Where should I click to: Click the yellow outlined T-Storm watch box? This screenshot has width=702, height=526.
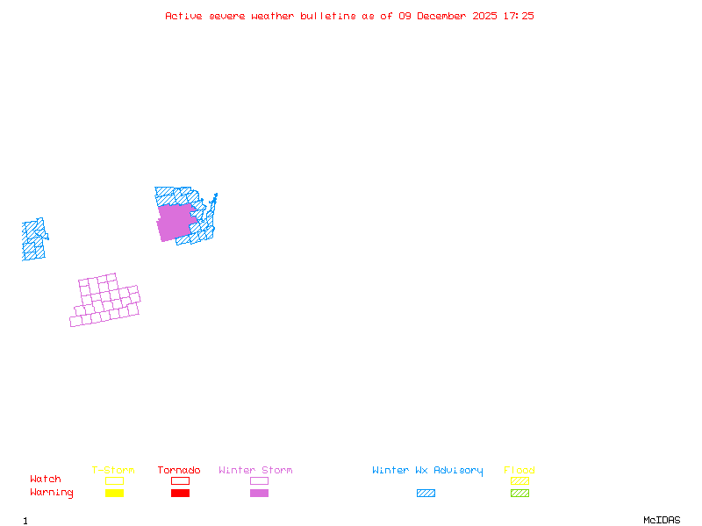(114, 480)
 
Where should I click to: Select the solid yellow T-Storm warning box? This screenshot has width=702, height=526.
(114, 493)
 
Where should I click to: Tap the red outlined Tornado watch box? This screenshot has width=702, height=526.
(180, 480)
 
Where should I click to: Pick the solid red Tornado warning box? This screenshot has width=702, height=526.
(180, 493)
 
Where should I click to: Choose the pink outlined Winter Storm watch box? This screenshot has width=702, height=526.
(259, 480)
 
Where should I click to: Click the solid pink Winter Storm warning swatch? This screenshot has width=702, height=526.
(259, 493)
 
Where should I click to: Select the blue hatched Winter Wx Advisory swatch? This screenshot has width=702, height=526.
(426, 493)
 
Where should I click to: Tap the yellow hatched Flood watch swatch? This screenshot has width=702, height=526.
(519, 480)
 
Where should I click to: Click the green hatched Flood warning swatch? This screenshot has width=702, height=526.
(519, 493)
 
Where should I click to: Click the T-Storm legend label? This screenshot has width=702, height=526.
(113, 470)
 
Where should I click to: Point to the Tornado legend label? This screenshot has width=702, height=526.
(179, 470)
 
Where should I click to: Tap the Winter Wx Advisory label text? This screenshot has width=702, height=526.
(427, 470)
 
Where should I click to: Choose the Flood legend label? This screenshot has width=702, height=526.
(519, 470)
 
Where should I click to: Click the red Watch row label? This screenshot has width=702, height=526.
(46, 480)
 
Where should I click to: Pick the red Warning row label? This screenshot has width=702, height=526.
(52, 493)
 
